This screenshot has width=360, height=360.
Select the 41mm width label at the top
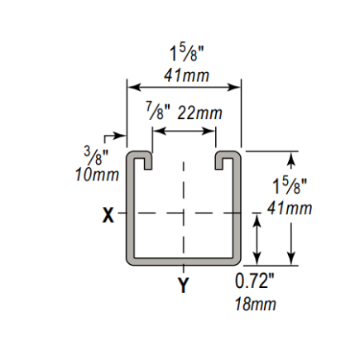[x=186, y=75]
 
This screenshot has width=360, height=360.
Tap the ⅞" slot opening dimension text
[x=154, y=111]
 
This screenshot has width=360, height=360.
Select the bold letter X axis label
[x=108, y=215]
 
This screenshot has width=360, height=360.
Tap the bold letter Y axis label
[x=183, y=286]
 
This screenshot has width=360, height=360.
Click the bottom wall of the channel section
[x=183, y=262]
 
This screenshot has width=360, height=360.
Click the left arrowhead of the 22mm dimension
[x=155, y=130]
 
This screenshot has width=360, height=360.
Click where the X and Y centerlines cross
[x=183, y=213]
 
